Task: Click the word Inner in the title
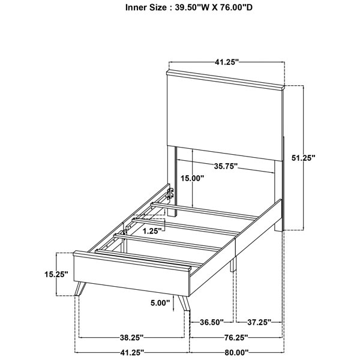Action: pyautogui.click(x=134, y=8)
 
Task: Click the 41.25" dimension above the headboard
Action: pyautogui.click(x=227, y=62)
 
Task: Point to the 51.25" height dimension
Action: pyautogui.click(x=303, y=158)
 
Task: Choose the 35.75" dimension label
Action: pyautogui.click(x=226, y=166)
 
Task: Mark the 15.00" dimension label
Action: pyautogui.click(x=192, y=178)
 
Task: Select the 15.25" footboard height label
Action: pyautogui.click(x=56, y=274)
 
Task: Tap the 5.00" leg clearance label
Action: pyautogui.click(x=160, y=303)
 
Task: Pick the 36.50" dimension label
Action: pyautogui.click(x=212, y=322)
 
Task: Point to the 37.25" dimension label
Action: pyautogui.click(x=259, y=322)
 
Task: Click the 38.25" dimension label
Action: pyautogui.click(x=131, y=337)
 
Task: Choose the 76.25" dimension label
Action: pyautogui.click(x=236, y=337)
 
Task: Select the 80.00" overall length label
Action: pyautogui.click(x=237, y=352)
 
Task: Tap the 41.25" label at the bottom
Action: pyautogui.click(x=132, y=352)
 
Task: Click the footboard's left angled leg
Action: pyautogui.click(x=80, y=289)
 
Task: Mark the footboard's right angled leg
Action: pyautogui.click(x=184, y=304)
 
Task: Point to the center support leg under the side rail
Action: pyautogui.click(x=233, y=264)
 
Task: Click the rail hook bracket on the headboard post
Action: pyautogui.click(x=170, y=193)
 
